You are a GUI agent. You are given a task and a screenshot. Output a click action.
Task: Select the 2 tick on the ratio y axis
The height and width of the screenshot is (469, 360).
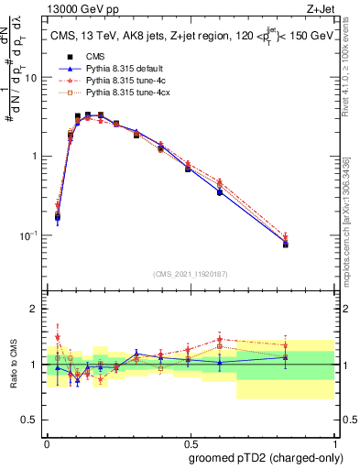click(x=38, y=309)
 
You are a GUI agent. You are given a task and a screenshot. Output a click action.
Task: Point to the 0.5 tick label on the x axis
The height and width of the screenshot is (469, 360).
click(x=191, y=440)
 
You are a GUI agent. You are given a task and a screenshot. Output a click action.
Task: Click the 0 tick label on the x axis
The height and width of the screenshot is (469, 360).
click(x=47, y=440)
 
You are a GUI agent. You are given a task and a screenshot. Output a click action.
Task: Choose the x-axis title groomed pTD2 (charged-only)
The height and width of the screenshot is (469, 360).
click(x=266, y=457)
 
